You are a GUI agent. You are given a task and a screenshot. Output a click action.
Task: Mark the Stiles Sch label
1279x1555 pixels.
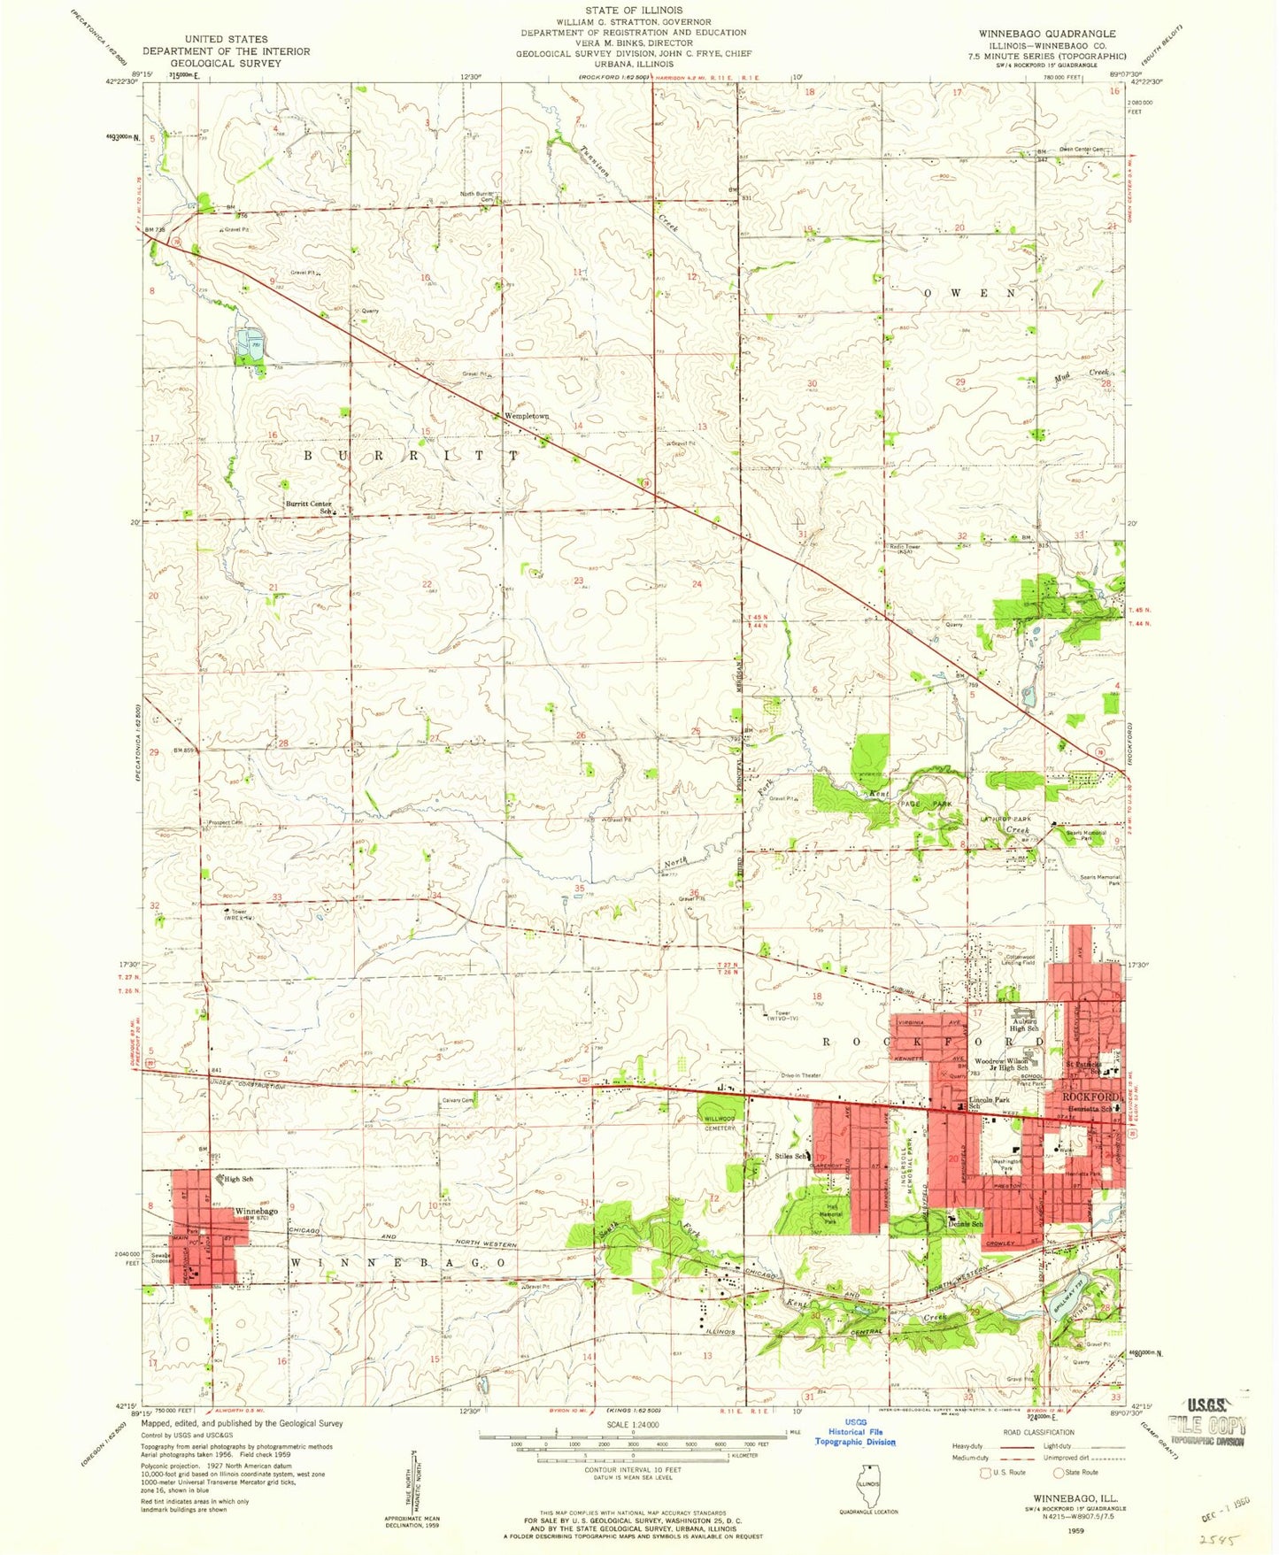pyautogui.click(x=790, y=1156)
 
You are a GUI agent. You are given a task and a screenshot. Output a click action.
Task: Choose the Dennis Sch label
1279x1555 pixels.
pyautogui.click(x=966, y=1224)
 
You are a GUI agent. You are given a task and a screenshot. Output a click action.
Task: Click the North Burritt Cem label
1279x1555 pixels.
pyautogui.click(x=476, y=196)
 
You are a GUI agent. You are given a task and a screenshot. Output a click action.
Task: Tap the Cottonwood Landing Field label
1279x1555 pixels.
pyautogui.click(x=1018, y=959)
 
